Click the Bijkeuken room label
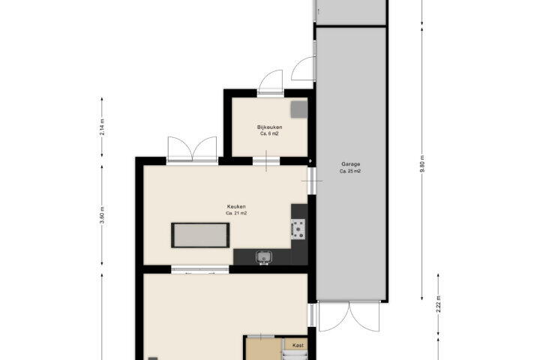click(270, 127)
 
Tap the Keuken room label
click(236, 207)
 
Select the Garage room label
click(350, 164)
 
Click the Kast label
click(298, 345)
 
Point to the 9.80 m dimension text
click(422, 163)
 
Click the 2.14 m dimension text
click(102, 127)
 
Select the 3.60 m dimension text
click(102, 215)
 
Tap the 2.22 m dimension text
click(439, 304)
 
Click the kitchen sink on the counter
click(264, 257)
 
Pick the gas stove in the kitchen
click(298, 229)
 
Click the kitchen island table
click(200, 235)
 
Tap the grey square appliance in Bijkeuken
click(299, 109)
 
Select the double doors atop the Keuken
click(192, 149)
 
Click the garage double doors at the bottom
click(349, 316)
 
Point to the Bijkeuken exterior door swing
click(271, 82)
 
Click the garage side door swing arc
click(303, 68)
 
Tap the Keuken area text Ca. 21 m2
click(236, 213)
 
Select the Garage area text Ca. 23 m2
click(350, 171)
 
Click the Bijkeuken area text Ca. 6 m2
click(269, 133)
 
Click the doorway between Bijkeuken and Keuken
click(266, 161)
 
